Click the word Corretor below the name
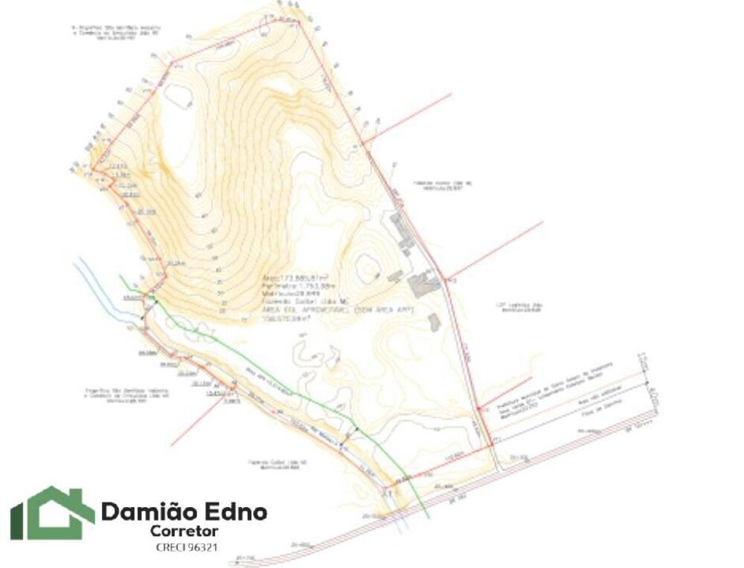click(184, 531)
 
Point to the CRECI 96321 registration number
click(187, 547)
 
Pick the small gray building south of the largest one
click(434, 321)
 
